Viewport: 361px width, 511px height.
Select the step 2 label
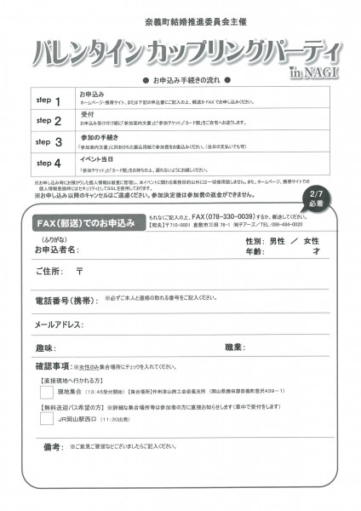click(50, 121)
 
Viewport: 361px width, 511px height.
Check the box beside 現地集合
click(47, 392)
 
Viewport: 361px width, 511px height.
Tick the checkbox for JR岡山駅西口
click(47, 418)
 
